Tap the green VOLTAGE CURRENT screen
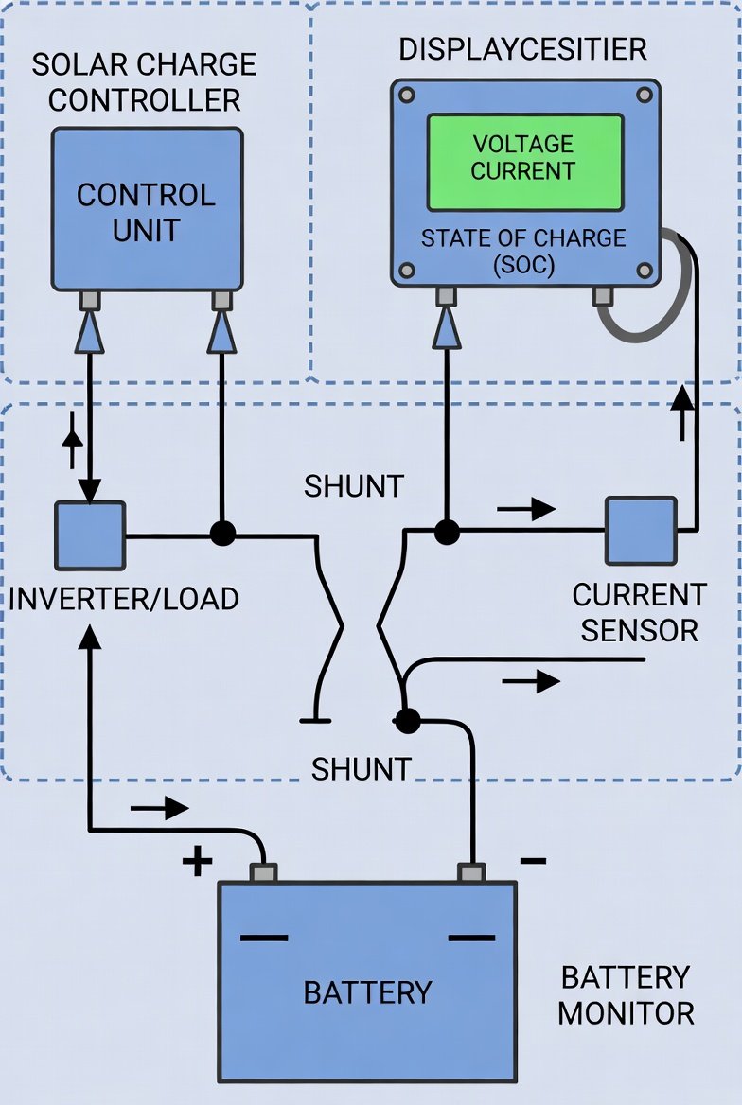(524, 162)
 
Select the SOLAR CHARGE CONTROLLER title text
(144, 81)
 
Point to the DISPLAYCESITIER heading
(523, 49)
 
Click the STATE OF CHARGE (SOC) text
(523, 251)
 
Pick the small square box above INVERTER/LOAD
(89, 535)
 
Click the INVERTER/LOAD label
(123, 599)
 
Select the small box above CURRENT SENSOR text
(641, 531)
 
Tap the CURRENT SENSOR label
(640, 612)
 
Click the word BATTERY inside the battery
(367, 992)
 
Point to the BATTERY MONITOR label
(626, 995)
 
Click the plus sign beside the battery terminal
(197, 861)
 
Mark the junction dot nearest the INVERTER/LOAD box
(221, 534)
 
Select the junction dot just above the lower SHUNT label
(406, 721)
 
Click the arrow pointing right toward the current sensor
(526, 509)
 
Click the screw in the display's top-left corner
(407, 95)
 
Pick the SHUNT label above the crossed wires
(353, 486)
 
